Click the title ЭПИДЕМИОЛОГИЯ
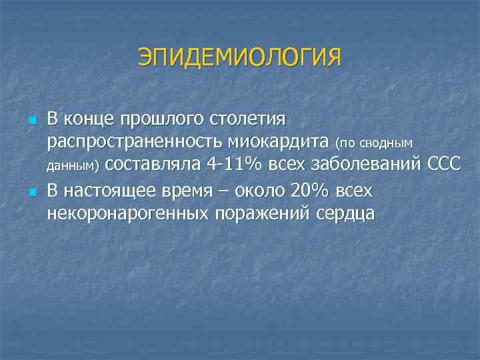point(239,57)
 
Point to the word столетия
point(247,119)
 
